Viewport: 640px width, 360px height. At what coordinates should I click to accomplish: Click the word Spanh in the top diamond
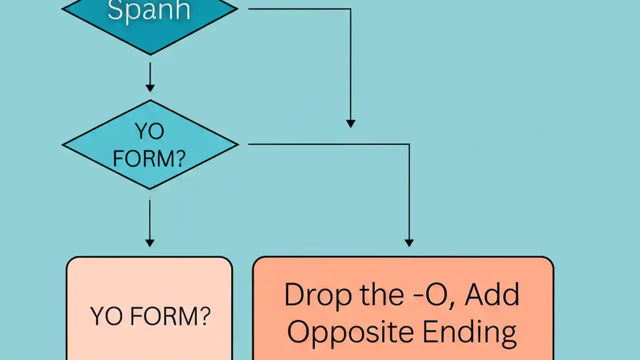pos(149,10)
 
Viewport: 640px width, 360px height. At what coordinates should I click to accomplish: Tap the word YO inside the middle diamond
pos(149,131)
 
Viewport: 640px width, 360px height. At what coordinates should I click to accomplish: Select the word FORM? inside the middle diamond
pos(149,158)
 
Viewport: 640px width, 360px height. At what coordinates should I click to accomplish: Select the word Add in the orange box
pos(492,294)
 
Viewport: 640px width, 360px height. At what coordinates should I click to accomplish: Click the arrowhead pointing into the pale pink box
pos(149,243)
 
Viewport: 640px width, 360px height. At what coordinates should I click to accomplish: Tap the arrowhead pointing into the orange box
pos(409,243)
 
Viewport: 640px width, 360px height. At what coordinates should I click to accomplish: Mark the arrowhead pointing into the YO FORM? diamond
pos(149,88)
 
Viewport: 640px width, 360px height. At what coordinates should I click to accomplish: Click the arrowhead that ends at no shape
pos(350,123)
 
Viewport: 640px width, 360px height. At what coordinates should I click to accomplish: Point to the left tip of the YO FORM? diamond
pos(63,144)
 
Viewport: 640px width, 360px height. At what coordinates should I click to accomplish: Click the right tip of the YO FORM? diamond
pos(237,144)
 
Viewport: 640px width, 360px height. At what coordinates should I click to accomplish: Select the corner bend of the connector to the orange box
pos(409,144)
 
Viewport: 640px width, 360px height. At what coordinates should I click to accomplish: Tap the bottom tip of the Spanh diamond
pos(149,54)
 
